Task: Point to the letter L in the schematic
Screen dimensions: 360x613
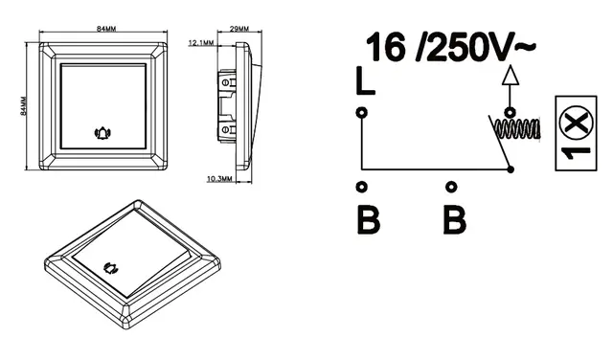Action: pyautogui.click(x=363, y=83)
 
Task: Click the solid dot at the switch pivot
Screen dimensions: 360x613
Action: pyautogui.click(x=511, y=169)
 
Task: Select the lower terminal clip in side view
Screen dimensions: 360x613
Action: pyautogui.click(x=228, y=125)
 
